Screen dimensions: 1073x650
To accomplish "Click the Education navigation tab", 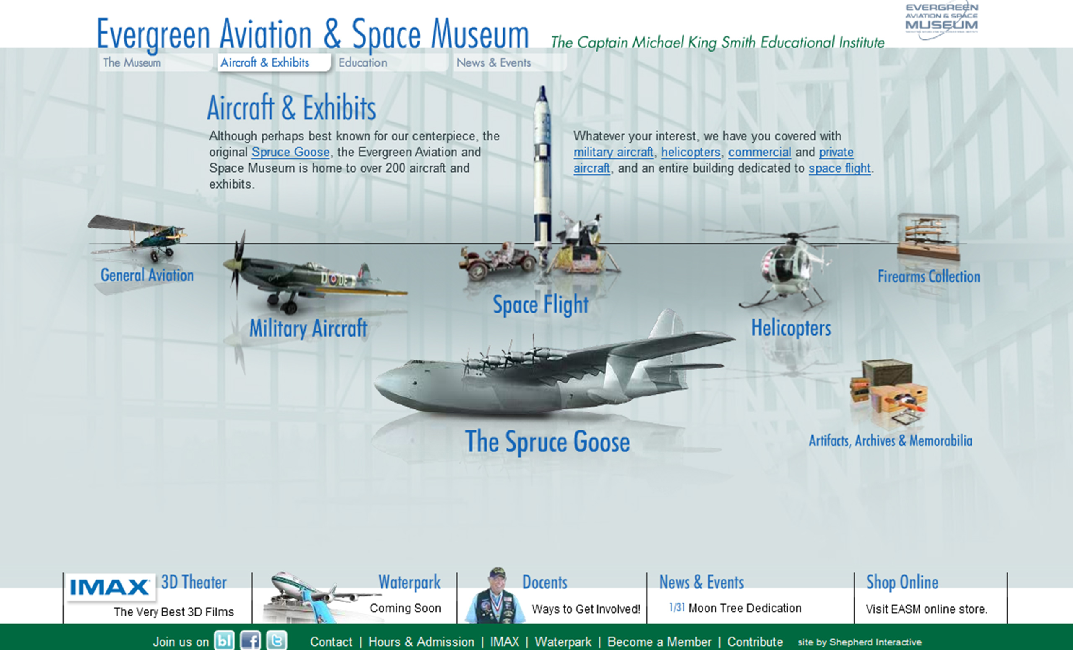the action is click(x=363, y=63).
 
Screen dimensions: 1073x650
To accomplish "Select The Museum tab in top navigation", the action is click(x=132, y=63).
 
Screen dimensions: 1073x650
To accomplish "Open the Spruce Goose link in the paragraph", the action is click(x=290, y=152).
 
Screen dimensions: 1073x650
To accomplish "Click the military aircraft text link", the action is click(x=613, y=152).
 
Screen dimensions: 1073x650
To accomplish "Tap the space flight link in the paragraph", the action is click(x=840, y=168).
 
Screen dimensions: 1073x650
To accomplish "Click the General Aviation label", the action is click(x=147, y=275).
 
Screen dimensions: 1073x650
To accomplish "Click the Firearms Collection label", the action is click(x=928, y=277).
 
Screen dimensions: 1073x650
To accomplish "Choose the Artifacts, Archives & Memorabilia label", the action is click(x=891, y=440).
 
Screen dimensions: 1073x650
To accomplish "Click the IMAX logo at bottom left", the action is click(x=110, y=587).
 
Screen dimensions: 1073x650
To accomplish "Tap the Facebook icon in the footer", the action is click(x=250, y=640).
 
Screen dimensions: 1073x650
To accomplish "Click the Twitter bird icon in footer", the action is click(x=277, y=640).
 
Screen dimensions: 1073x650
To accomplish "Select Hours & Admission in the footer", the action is click(x=421, y=642).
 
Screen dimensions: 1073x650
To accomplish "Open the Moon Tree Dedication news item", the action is click(x=745, y=608).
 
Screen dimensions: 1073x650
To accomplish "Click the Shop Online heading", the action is click(x=902, y=582).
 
